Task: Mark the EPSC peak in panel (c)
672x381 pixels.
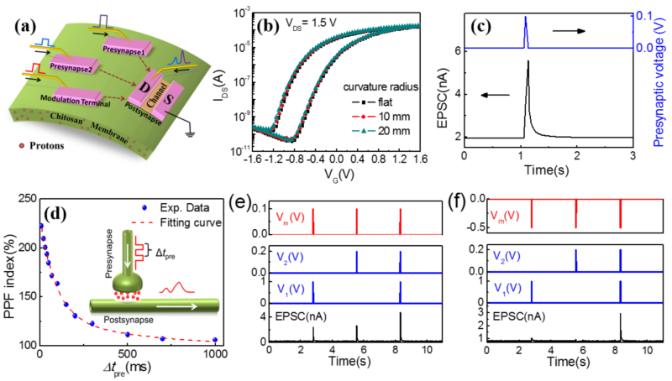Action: [528, 61]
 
